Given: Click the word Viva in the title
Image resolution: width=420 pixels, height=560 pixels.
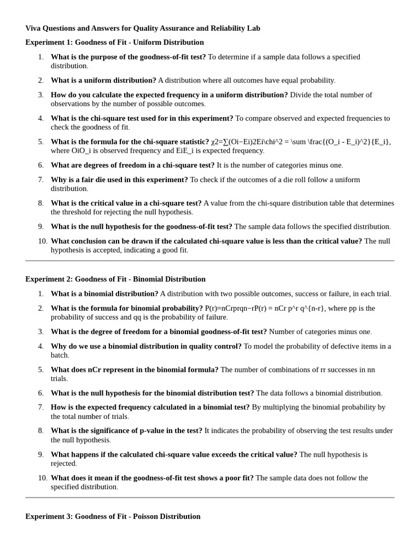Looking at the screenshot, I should pos(34,28).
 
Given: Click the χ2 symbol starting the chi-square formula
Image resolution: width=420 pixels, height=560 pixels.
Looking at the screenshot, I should pos(215,142).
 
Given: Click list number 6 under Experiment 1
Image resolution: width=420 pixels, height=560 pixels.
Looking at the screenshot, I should pos(40,165).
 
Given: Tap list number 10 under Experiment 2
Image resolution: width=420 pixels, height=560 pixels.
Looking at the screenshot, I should pos(42,478).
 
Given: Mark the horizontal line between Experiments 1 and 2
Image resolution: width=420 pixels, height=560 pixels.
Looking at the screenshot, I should pos(209,261).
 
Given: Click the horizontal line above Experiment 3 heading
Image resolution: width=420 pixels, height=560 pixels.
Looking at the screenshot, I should pos(209,498).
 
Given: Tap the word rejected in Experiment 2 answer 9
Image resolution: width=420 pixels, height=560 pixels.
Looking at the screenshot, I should pos(63,463).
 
